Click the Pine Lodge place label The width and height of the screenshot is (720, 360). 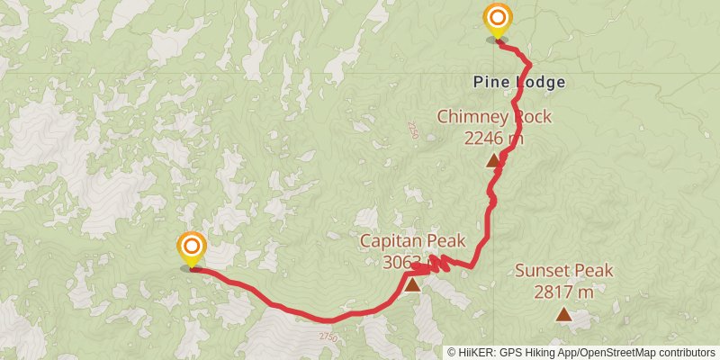tap(520, 82)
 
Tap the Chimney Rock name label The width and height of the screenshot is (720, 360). tap(494, 117)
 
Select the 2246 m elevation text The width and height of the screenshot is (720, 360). tap(494, 138)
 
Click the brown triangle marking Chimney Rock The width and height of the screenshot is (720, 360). tap(493, 161)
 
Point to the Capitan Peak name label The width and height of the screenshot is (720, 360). tap(412, 240)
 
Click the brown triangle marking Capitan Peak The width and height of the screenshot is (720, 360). tap(411, 285)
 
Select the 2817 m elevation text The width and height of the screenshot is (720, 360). tap(563, 292)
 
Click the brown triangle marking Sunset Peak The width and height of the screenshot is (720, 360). tap(563, 314)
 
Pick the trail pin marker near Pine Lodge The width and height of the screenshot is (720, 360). tap(497, 22)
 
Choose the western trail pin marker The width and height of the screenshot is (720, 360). tap(191, 250)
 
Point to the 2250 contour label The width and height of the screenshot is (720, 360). tap(412, 130)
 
